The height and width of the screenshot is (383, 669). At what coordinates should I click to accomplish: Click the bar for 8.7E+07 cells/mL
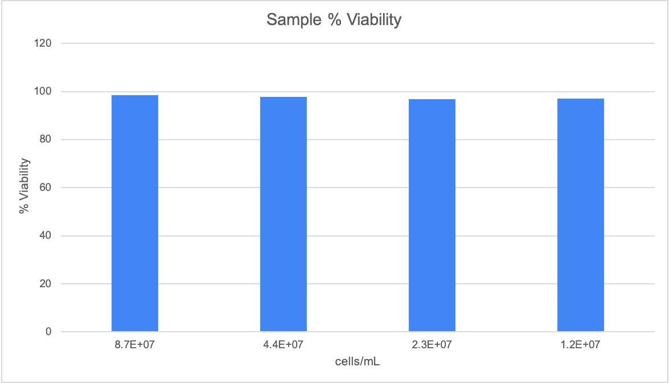(135, 213)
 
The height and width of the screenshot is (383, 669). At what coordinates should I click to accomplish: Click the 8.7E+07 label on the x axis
(135, 344)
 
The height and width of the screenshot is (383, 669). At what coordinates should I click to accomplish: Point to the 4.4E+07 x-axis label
(284, 344)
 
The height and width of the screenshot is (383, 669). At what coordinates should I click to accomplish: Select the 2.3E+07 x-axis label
(432, 344)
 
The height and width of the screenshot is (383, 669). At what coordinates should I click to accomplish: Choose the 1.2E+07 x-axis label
(581, 344)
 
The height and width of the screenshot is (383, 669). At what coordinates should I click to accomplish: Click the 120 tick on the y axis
(44, 43)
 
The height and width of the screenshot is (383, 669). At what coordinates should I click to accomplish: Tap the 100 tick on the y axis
(44, 91)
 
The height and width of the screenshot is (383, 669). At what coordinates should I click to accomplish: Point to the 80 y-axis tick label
(47, 140)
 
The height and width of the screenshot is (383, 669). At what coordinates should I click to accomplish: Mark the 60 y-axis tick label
(47, 188)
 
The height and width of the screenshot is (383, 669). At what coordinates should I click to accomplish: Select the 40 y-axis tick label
(47, 236)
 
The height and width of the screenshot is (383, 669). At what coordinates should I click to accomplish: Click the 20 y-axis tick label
(47, 284)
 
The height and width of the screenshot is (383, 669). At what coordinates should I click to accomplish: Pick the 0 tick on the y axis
(49, 332)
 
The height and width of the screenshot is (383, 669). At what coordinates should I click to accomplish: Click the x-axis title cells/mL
(357, 361)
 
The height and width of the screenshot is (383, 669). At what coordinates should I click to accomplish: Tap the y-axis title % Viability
(24, 187)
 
